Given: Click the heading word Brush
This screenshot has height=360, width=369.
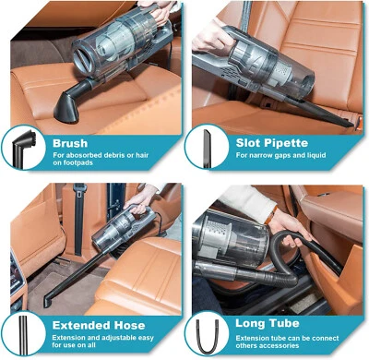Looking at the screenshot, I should (x=70, y=143).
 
